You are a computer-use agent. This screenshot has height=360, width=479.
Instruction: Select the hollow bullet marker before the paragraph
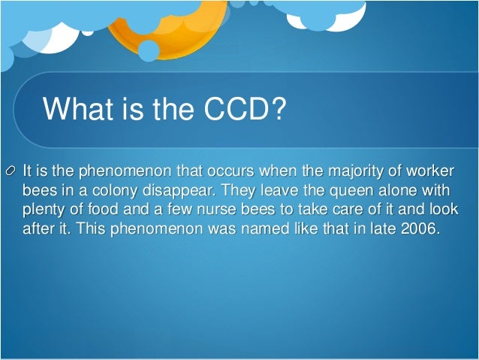tap(9, 168)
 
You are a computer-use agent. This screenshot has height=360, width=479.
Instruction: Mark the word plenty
tap(43, 208)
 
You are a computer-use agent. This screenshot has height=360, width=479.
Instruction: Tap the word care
tap(327, 208)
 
